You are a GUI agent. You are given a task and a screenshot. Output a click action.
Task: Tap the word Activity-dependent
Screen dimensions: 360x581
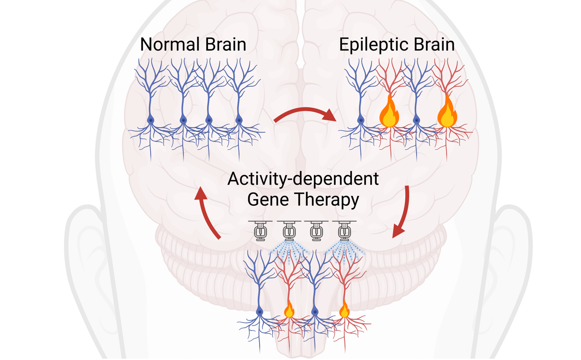click(303, 180)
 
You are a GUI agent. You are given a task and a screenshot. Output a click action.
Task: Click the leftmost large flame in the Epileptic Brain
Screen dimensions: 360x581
click(388, 112)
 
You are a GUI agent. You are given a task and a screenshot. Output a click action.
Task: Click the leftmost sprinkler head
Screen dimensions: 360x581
click(261, 231)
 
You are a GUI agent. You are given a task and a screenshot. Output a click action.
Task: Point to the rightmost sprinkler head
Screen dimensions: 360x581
click(344, 231)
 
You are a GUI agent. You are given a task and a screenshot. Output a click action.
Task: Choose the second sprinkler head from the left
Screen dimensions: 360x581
click(288, 231)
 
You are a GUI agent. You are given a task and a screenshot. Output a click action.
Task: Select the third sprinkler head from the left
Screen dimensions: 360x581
click(316, 231)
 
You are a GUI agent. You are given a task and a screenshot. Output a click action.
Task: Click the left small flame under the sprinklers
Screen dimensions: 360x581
click(289, 310)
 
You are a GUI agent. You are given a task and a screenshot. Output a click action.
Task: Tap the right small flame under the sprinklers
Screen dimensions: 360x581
click(344, 310)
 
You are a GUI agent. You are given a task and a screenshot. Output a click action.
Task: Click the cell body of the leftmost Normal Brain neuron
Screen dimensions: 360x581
click(151, 120)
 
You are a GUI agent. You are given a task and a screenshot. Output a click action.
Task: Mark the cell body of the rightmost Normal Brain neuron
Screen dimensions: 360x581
click(239, 120)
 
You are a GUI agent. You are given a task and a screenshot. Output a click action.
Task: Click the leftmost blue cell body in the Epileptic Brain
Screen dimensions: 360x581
click(361, 120)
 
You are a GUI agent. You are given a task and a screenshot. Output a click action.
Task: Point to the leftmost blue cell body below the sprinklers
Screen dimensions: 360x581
click(260, 311)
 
